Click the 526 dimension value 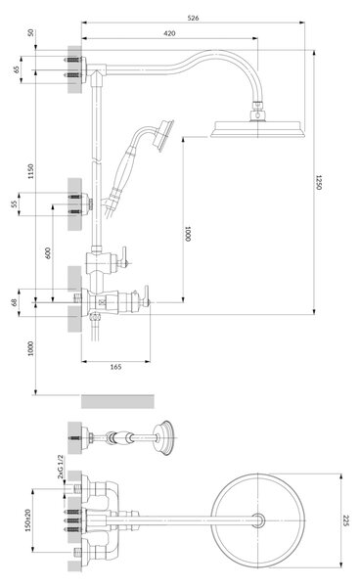click(193, 18)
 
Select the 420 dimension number click(169, 33)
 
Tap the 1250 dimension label click(318, 182)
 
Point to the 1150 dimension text click(30, 171)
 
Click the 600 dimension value click(47, 253)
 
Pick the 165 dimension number click(115, 367)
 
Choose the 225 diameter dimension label click(346, 520)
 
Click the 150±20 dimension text click(28, 519)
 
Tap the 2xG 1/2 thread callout click(61, 467)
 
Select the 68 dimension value click(14, 302)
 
